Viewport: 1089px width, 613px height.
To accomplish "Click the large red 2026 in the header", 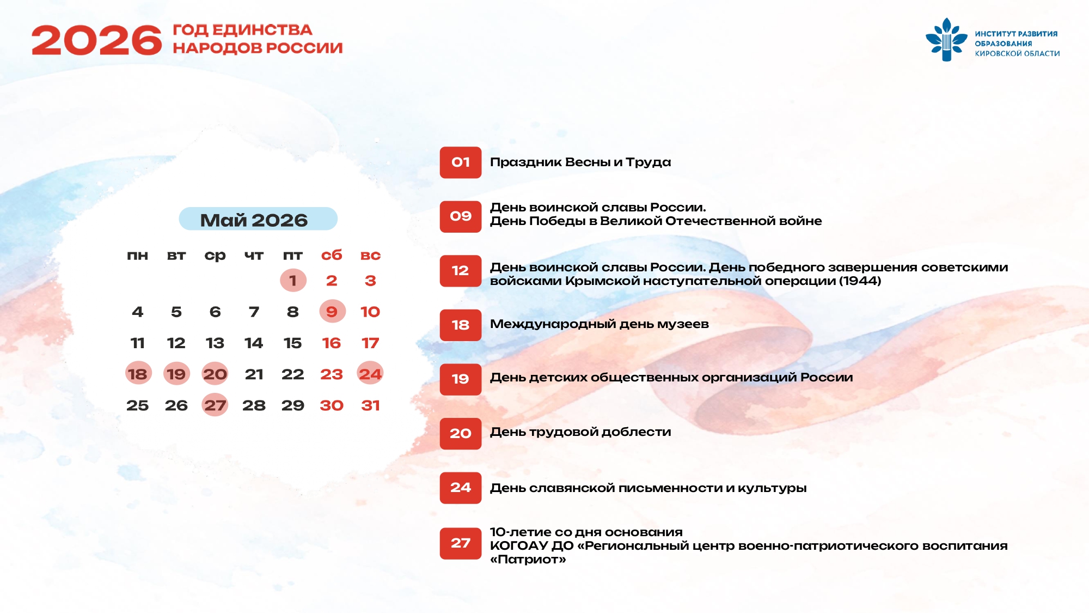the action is tap(97, 40).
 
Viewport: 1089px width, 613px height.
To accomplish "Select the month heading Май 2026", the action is tap(254, 220).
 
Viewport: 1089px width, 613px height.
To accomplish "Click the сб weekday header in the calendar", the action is tap(332, 255).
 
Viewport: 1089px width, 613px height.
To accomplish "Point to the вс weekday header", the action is tap(370, 255).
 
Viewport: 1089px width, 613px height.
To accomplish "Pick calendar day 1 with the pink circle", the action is tap(293, 280).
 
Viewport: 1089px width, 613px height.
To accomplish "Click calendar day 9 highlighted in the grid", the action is tap(332, 311).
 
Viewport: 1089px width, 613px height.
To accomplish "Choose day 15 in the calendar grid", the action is tap(293, 343).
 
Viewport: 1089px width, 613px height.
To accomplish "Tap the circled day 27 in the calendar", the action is tap(215, 405).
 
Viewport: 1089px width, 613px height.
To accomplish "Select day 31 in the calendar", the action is tap(370, 405).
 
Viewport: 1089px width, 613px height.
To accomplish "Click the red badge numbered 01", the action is tap(461, 162).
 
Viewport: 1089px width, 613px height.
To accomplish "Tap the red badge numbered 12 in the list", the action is tap(461, 271).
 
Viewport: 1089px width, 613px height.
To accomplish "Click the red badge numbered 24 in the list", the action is tap(461, 488).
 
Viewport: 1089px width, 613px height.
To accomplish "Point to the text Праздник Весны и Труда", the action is tap(580, 162).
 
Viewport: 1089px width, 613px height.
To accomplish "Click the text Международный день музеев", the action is tap(599, 324).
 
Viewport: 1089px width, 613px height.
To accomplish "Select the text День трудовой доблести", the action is tap(580, 432).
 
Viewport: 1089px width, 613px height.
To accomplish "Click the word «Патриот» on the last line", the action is tap(528, 560).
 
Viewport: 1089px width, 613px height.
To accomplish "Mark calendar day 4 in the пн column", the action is tap(137, 312).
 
